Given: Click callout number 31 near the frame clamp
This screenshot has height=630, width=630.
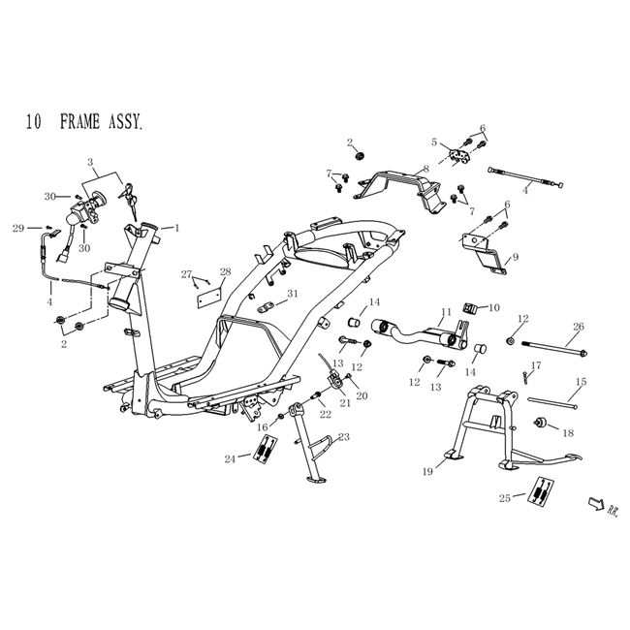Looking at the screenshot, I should click(x=293, y=294).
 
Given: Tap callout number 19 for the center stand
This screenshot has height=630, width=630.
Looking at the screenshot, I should click(x=426, y=472).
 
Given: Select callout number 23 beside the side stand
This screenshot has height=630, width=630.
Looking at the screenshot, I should click(x=343, y=437).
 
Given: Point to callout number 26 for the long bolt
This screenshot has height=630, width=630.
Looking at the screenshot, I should click(x=579, y=326).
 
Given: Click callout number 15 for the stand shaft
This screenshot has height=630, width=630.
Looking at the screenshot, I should click(x=581, y=382).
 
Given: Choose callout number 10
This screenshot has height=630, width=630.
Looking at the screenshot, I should click(x=493, y=307).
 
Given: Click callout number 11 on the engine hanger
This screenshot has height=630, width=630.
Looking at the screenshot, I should click(x=446, y=312).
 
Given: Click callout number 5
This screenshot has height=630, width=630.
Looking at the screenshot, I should click(x=435, y=142).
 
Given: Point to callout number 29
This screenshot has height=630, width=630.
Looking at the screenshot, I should click(x=16, y=228).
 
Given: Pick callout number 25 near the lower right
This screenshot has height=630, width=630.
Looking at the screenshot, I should click(x=505, y=499).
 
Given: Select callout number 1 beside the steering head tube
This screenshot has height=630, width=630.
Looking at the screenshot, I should click(x=176, y=227).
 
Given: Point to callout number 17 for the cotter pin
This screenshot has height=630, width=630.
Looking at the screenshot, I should click(x=536, y=364).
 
